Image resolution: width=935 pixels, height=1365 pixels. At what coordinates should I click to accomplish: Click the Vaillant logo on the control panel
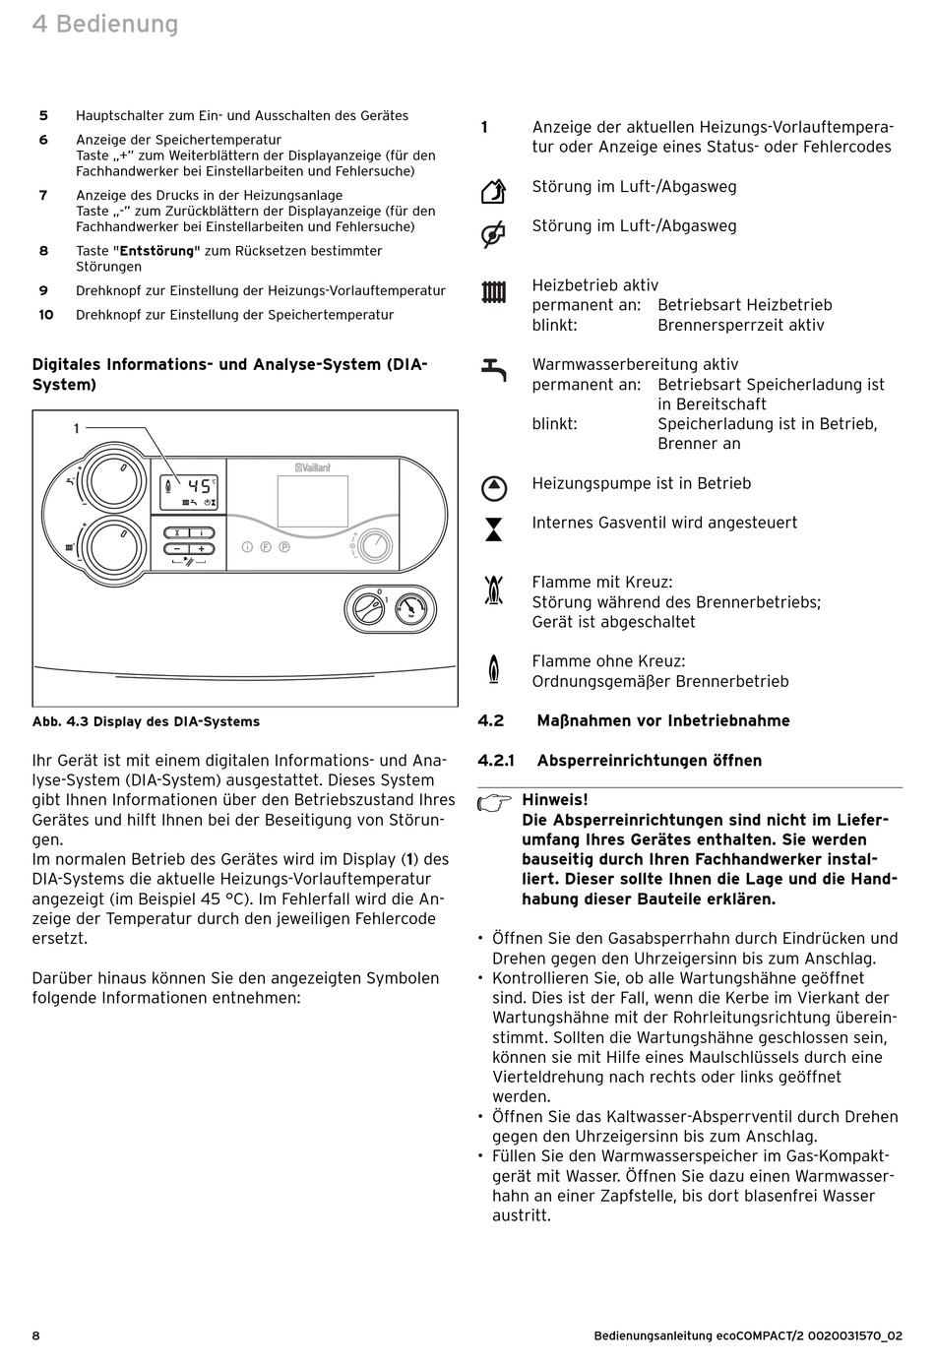tap(314, 468)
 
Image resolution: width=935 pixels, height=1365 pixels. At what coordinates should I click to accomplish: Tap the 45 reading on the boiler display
tap(199, 485)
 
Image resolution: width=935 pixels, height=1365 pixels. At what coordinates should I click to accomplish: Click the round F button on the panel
tap(266, 547)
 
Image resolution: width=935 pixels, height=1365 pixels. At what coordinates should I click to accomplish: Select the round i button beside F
tap(247, 547)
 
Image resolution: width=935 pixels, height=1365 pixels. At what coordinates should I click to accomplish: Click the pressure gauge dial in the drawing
tap(412, 610)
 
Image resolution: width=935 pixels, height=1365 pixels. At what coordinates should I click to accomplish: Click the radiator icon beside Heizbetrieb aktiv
tap(493, 292)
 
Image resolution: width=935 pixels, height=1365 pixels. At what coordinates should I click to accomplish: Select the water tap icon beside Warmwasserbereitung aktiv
tap(493, 369)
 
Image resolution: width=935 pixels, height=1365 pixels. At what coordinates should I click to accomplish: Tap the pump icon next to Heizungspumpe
tap(493, 487)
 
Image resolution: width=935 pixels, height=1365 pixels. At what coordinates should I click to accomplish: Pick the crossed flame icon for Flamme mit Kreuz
tap(493, 589)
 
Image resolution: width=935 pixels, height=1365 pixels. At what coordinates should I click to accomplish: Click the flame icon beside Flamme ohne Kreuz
tap(493, 668)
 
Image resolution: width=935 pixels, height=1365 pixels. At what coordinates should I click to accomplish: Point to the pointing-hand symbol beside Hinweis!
tap(495, 802)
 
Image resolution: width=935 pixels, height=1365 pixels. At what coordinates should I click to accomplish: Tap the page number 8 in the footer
tap(36, 1335)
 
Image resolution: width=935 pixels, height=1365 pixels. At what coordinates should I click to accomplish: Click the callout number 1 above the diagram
tap(76, 428)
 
